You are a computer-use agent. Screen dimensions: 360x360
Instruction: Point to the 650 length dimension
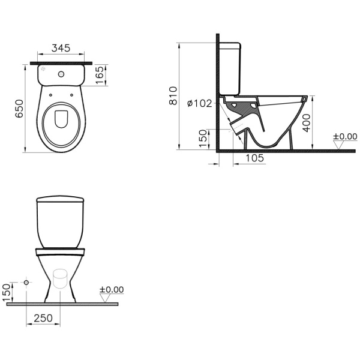tap(19, 107)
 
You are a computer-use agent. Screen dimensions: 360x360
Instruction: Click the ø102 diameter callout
tap(200, 103)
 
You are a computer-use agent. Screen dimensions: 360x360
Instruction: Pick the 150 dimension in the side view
tap(202, 137)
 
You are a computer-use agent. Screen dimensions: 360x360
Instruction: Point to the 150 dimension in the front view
tap(7, 292)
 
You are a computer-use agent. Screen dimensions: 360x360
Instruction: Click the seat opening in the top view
tap(61, 120)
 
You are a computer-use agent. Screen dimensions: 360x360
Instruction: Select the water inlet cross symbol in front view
tap(26, 281)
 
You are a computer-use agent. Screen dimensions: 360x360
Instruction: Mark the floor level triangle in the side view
tap(338, 145)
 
